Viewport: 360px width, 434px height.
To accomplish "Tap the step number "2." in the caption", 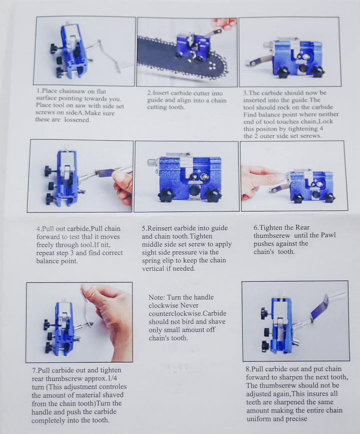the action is click(x=149, y=93).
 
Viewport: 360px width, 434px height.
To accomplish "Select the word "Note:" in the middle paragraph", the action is click(x=157, y=297).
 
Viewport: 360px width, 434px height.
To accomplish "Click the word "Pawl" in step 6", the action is click(x=328, y=235).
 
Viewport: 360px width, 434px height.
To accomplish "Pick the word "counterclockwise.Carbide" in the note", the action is click(x=187, y=314).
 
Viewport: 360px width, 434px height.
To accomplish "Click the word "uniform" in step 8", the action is click(x=256, y=419).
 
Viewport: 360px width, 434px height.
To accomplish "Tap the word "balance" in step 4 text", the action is click(x=47, y=261).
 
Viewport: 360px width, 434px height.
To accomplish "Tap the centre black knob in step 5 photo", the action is click(x=195, y=190).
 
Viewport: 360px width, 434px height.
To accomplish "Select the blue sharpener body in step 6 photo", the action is click(x=310, y=185).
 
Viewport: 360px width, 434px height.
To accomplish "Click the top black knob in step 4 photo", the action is click(x=49, y=171).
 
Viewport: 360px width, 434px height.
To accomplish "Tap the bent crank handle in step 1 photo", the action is click(x=108, y=55).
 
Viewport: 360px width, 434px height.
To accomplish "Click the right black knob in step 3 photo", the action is click(x=317, y=72).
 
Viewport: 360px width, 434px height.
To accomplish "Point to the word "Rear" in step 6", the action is click(x=302, y=228).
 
